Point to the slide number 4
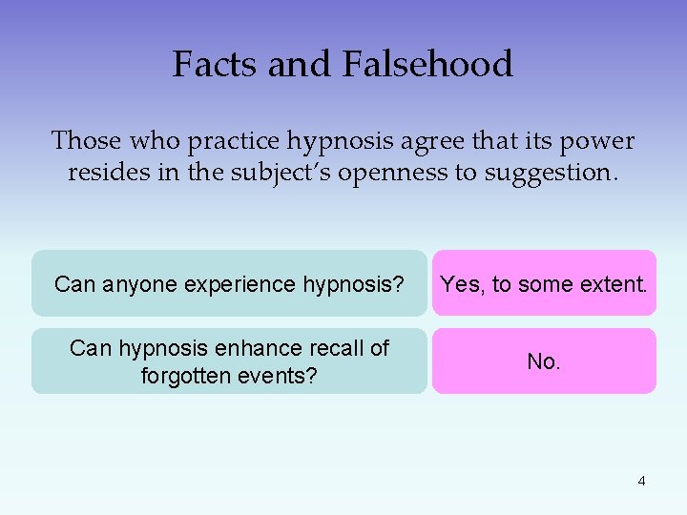641,481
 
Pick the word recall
333,348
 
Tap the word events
281,376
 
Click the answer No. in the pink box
544,361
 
